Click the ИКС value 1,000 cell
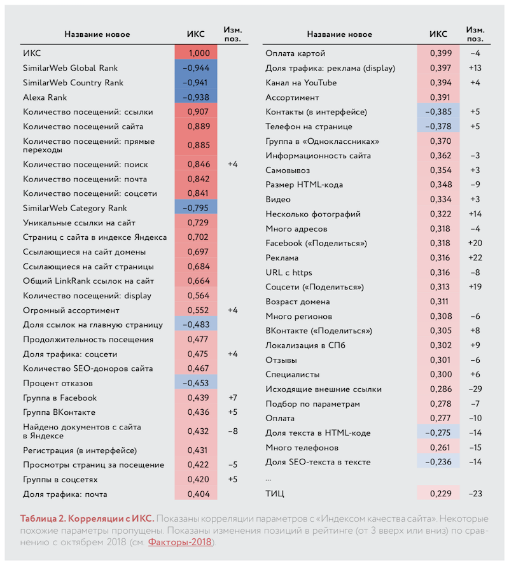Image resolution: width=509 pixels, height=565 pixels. coord(199,53)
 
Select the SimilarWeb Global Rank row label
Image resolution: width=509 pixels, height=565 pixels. coord(70,68)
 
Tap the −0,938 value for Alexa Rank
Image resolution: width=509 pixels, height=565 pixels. coord(195,97)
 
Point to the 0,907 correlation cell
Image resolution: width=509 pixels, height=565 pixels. coord(198,112)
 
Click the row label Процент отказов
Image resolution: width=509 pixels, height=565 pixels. coord(58,384)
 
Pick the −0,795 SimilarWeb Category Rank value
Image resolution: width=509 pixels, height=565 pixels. coord(195,208)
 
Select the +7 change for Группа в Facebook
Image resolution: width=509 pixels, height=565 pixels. coord(233,398)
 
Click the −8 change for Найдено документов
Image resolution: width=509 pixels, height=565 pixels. coord(233,431)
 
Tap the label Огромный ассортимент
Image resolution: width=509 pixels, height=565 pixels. coord(71,310)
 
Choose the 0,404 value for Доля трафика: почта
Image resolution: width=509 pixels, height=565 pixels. coord(198,494)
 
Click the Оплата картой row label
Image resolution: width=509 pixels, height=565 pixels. coord(295,53)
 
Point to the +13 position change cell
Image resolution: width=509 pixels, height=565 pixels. coord(475,68)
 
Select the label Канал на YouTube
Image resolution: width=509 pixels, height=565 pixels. coord(301,83)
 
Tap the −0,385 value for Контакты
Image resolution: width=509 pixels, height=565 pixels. coord(438,112)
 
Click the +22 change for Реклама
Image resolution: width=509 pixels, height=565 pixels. coord(475,258)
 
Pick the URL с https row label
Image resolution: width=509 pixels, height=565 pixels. coord(289,273)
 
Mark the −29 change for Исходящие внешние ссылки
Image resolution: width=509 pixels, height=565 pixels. coord(475,389)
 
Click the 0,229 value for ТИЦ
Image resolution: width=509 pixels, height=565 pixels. coord(440,494)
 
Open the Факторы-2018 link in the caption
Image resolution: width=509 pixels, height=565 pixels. coord(180,542)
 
